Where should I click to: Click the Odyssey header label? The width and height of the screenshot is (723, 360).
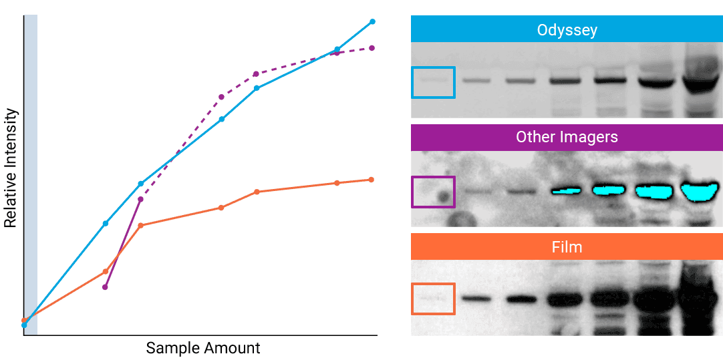pyautogui.click(x=567, y=30)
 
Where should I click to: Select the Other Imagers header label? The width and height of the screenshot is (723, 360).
pyautogui.click(x=567, y=138)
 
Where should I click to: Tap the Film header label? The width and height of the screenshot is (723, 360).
pyautogui.click(x=567, y=247)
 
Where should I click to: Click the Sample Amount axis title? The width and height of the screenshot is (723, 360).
pyautogui.click(x=203, y=348)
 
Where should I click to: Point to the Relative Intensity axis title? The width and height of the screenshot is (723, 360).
pyautogui.click(x=11, y=168)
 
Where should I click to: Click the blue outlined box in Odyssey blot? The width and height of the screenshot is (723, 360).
pyautogui.click(x=433, y=82)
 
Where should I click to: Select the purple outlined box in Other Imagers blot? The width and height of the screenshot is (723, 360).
pyautogui.click(x=433, y=192)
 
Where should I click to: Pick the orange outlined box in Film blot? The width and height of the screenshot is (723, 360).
pyautogui.click(x=433, y=299)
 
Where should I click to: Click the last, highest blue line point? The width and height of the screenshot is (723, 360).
pyautogui.click(x=372, y=21)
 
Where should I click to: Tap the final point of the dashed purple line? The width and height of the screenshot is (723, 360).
pyautogui.click(x=372, y=48)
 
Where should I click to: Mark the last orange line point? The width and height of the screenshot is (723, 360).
pyautogui.click(x=371, y=180)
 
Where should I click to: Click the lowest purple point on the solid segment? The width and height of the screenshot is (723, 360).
pyautogui.click(x=105, y=287)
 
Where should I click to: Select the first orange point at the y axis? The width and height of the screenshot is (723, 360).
pyautogui.click(x=24, y=321)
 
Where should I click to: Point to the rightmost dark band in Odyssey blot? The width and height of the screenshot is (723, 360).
pyautogui.click(x=700, y=85)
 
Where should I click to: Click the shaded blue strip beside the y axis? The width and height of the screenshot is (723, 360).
pyautogui.click(x=31, y=174)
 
